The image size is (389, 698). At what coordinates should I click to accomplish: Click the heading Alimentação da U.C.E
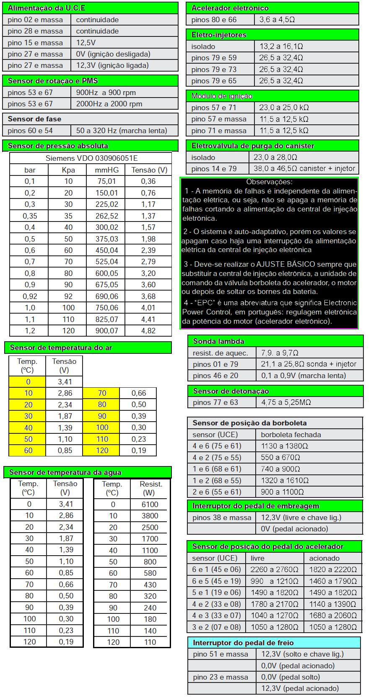point(46,8)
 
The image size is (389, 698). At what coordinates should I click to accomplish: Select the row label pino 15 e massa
point(35,43)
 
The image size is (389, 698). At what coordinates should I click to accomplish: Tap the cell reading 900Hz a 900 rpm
point(106,93)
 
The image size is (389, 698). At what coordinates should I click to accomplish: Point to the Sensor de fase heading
point(34,119)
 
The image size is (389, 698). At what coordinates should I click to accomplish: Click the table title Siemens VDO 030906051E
point(91,158)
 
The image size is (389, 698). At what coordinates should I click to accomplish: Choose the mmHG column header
point(107,170)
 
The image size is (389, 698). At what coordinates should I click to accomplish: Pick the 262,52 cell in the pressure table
point(107,216)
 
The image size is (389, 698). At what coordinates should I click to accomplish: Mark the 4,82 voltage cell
point(148,331)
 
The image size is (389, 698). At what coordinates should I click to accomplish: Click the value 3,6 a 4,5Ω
point(277,20)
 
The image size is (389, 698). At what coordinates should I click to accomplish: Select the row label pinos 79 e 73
point(214,70)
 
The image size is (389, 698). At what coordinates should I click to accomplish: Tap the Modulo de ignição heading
point(222,96)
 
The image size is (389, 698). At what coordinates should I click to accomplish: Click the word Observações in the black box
point(269,182)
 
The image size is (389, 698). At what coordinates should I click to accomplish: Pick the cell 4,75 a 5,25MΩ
point(286,402)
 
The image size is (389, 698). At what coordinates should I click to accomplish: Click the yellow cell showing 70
point(102,393)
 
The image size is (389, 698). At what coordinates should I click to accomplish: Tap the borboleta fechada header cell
point(291,435)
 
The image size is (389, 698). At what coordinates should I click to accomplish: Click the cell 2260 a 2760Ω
point(274,569)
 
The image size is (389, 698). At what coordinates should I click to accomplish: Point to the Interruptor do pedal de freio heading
point(243,643)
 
